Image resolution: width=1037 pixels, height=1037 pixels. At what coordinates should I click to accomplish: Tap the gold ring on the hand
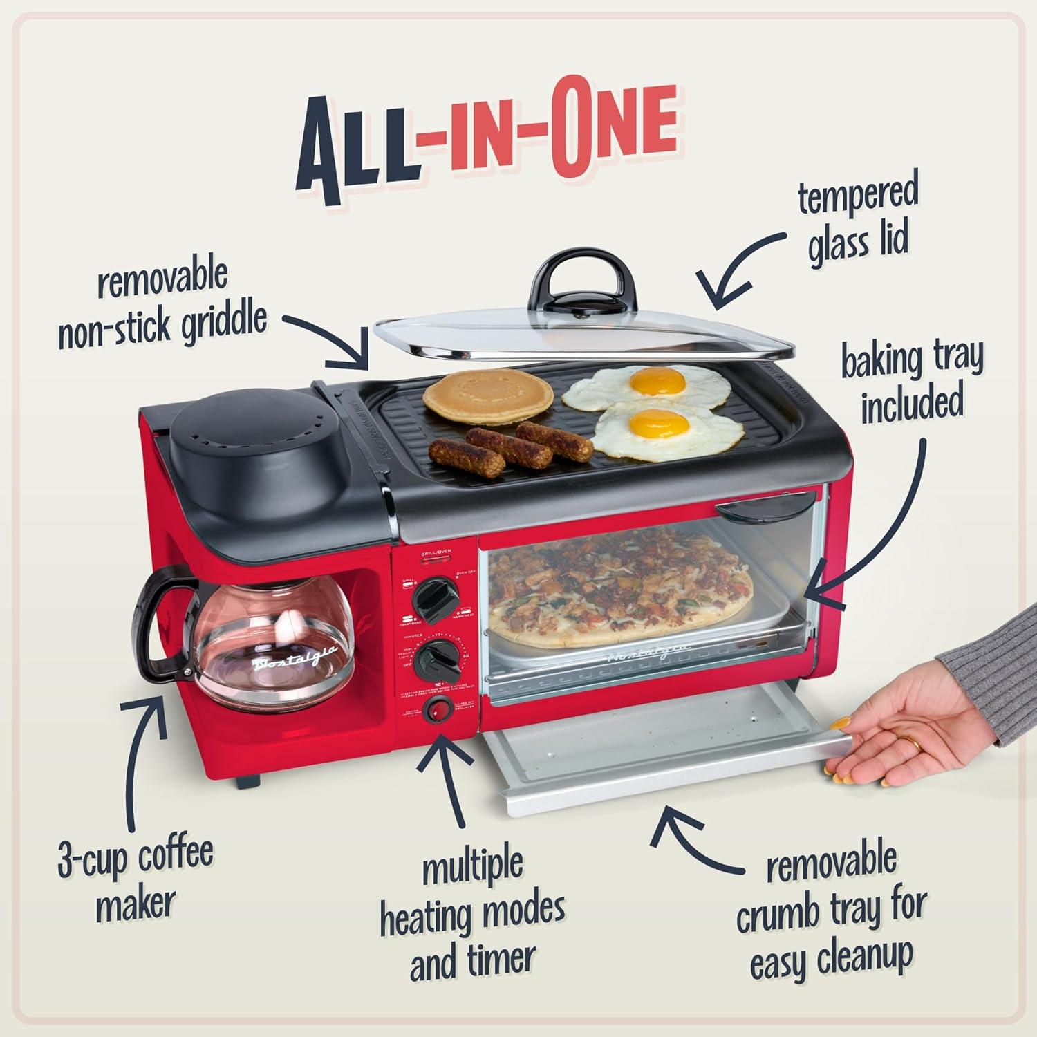tap(913, 745)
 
